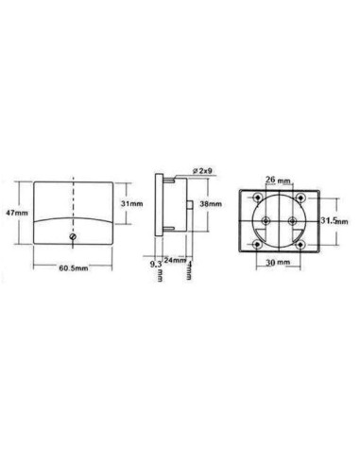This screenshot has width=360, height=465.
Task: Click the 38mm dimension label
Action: [212, 204]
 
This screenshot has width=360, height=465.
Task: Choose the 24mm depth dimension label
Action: [173, 260]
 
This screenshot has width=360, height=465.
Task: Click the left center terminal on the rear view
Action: [266, 220]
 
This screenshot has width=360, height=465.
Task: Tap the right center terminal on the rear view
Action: [292, 220]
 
